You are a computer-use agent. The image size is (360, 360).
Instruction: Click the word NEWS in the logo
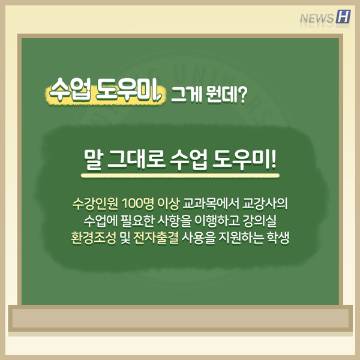point(317,19)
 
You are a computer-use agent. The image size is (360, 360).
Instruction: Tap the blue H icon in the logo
point(343,17)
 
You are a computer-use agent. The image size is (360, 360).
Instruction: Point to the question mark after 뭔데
point(242,94)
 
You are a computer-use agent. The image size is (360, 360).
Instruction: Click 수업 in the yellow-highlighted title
point(70,89)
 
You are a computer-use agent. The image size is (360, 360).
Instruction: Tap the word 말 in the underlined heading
point(94,160)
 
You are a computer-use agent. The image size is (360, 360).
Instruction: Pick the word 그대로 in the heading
point(136,159)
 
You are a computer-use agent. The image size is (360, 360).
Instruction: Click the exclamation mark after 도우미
point(273,159)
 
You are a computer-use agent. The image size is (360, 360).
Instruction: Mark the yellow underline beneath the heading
point(180,176)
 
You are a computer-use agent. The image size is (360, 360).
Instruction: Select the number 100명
point(138,203)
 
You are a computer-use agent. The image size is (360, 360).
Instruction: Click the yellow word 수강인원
point(95,203)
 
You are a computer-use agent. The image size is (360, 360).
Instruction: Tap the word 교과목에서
point(211,203)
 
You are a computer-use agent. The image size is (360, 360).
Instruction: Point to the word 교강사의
point(265,203)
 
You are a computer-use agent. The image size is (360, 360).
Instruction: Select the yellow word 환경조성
point(94,238)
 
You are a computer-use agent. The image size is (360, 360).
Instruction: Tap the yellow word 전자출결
point(156,238)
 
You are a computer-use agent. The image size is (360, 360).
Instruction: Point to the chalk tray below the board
point(180,318)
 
